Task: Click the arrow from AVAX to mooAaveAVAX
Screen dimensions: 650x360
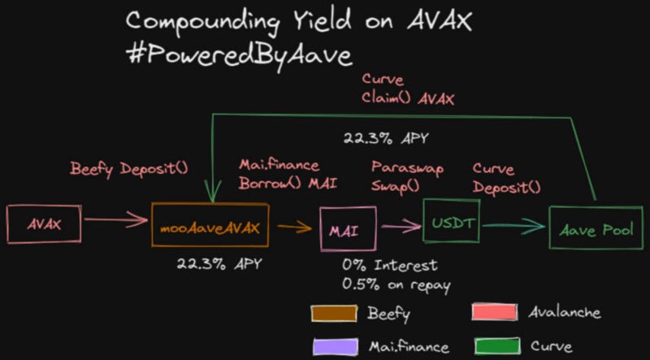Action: pos(116,219)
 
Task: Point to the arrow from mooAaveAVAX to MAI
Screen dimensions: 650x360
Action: pos(295,227)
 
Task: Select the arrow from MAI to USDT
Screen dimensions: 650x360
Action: pos(401,226)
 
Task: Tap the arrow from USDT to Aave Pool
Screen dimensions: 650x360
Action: pos(514,226)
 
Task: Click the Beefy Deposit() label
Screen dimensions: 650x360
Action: pos(129,169)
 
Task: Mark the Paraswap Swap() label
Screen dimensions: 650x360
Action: pos(407,176)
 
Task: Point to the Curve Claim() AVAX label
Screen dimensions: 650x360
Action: pos(408,89)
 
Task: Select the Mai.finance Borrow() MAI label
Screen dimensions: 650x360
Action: pos(288,175)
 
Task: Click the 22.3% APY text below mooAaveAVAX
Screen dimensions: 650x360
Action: pos(219,264)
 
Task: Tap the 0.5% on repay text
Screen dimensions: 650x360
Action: pos(396,285)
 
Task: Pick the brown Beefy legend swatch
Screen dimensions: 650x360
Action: pos(334,313)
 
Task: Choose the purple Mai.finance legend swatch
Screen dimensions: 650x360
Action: pos(336,346)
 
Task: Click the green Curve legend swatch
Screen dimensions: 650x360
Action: pos(496,346)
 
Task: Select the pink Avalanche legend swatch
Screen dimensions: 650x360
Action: pos(495,312)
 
